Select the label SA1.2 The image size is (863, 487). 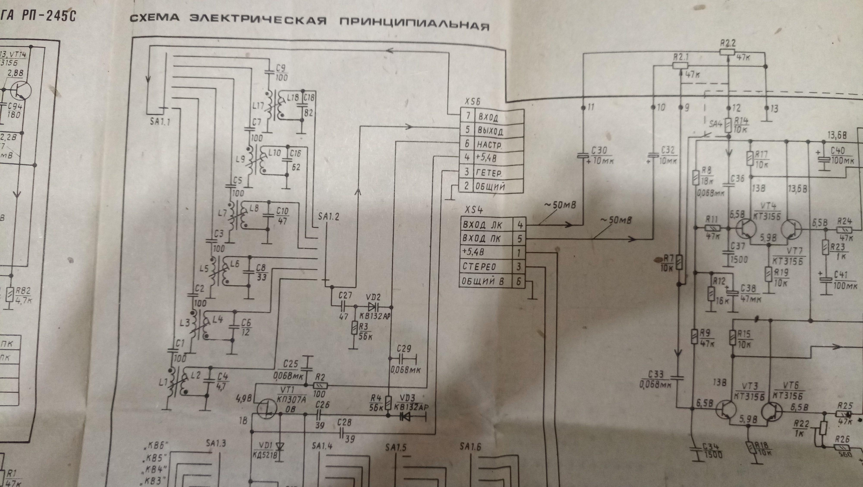(329, 217)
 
